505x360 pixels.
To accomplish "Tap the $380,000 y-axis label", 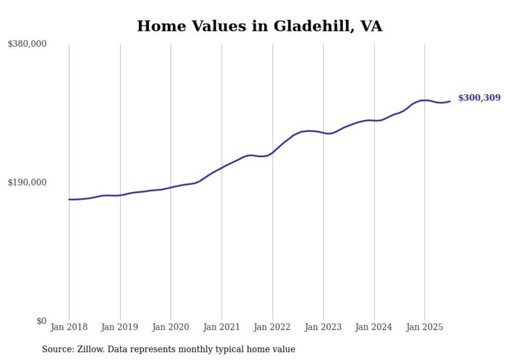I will [x=27, y=44].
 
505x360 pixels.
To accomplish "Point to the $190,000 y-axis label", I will [x=27, y=183].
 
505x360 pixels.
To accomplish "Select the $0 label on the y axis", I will [x=41, y=321].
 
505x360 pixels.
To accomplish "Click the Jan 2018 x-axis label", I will [x=69, y=327].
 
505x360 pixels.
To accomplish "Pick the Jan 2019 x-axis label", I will [x=120, y=327].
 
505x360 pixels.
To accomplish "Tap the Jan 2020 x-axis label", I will [x=171, y=327].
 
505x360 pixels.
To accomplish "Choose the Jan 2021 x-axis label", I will [x=222, y=327].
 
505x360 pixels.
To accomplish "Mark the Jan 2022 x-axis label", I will [x=273, y=327].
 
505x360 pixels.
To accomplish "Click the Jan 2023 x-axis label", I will [x=323, y=327].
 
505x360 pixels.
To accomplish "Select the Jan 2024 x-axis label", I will [x=374, y=327].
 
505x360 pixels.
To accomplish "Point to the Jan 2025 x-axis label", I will [x=425, y=327].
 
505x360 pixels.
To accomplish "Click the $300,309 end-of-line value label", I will [x=479, y=98].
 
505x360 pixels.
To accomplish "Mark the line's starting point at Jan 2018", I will [x=69, y=199].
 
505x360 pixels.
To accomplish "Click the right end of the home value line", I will [x=450, y=101].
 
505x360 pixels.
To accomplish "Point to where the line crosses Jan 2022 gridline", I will [x=273, y=152].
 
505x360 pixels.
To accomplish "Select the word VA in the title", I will [x=371, y=26].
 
